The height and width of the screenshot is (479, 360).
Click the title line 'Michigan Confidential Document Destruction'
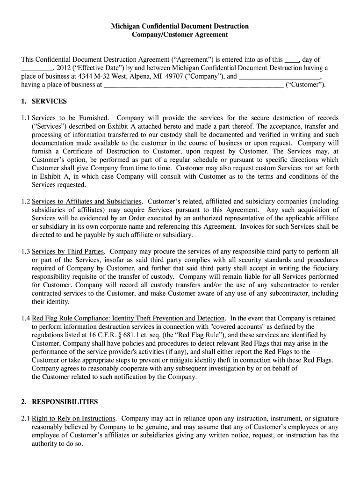180,26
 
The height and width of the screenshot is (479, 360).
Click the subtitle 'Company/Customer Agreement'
180,35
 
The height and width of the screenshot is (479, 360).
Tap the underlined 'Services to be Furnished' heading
70,118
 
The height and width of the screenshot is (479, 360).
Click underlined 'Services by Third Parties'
68,252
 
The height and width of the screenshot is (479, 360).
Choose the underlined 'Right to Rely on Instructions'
73,418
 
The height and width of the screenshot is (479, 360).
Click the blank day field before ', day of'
292,60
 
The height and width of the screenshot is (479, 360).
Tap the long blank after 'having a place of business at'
193,85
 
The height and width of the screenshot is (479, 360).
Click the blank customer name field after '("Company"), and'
280,77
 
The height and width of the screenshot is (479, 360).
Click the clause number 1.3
25,252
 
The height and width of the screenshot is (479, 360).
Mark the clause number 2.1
25,418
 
